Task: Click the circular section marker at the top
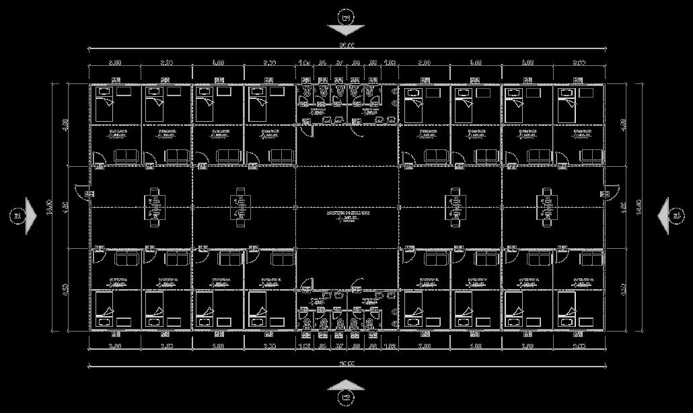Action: click(x=346, y=16)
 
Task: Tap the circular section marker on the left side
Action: click(x=16, y=216)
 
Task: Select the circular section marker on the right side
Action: click(x=677, y=216)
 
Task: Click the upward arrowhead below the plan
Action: click(x=346, y=385)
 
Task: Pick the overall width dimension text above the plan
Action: click(x=346, y=46)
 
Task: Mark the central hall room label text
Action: click(x=346, y=213)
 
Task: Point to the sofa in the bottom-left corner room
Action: click(x=125, y=258)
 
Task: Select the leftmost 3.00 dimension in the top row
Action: click(x=115, y=63)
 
